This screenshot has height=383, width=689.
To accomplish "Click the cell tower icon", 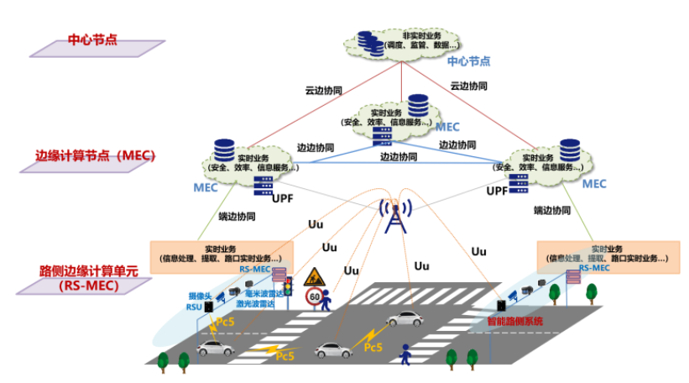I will coord(394,216).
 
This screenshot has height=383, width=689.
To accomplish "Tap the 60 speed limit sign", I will coord(314,296).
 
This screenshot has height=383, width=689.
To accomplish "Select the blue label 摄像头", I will coord(199,296).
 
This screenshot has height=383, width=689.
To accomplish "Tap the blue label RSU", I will coord(194,307).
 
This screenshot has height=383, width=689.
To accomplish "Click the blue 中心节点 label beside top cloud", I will coord(468,61).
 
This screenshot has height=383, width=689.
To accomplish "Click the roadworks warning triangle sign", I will coord(316,275).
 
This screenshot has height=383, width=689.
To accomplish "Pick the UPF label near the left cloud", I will coord(283,199).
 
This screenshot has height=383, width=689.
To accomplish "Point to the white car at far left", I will coord(215,346).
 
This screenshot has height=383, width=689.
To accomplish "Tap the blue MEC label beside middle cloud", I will coord(446,127).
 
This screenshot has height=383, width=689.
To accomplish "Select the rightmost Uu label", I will coord(478,251).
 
